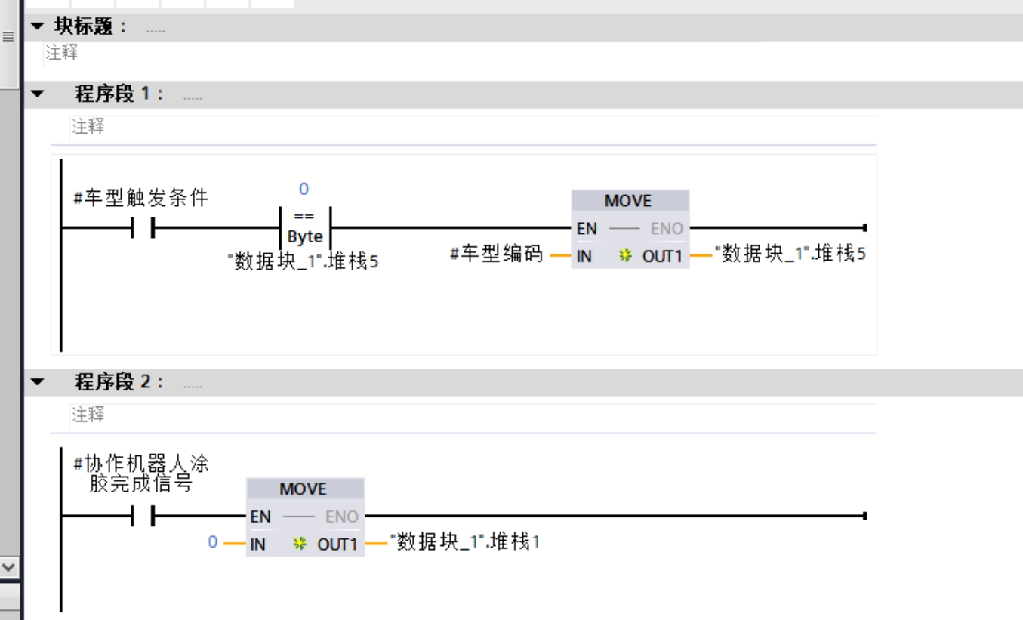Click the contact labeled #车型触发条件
(143, 227)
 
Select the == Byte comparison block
(304, 227)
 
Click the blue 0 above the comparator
(304, 189)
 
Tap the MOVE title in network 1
(627, 201)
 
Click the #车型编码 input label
(496, 254)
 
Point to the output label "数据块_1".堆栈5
(790, 254)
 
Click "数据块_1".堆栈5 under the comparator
(303, 262)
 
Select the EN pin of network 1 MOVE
(587, 228)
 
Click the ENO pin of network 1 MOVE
(667, 228)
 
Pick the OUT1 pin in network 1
(661, 256)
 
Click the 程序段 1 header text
(119, 94)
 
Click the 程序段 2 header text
(119, 382)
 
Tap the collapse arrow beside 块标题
(37, 27)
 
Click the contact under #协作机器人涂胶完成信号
(143, 517)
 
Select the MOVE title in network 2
(303, 489)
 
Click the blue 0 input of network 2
(213, 542)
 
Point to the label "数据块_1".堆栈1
(464, 542)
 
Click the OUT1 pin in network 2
(336, 544)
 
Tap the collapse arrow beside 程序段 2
(37, 382)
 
